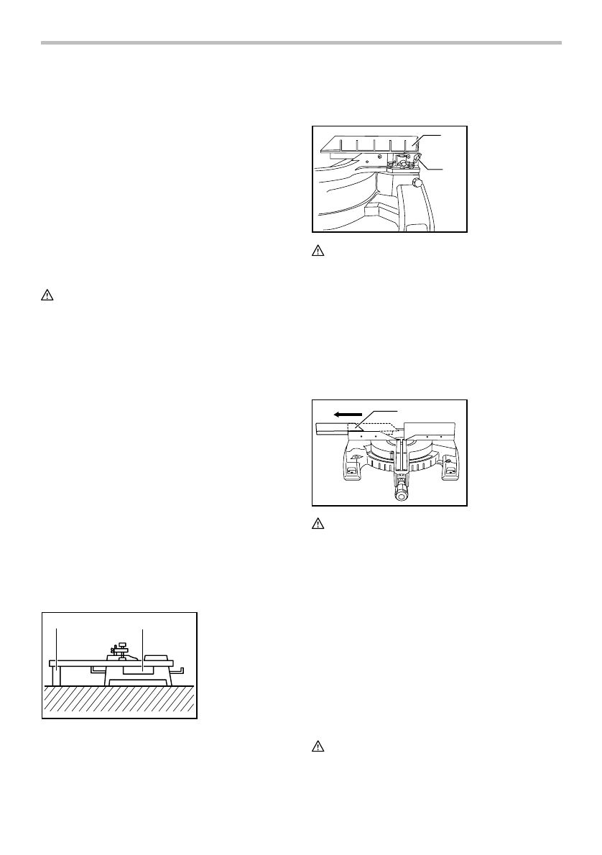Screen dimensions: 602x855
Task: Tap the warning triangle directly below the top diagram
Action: point(317,252)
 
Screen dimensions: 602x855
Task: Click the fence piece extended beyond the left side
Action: point(331,430)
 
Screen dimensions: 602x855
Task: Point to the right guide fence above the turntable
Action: point(430,431)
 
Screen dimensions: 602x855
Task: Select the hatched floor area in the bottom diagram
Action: point(119,700)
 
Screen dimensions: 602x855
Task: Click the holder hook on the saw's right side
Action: point(181,670)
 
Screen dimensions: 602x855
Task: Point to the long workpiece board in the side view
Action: point(108,662)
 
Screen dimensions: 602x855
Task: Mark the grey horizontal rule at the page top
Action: point(301,42)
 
